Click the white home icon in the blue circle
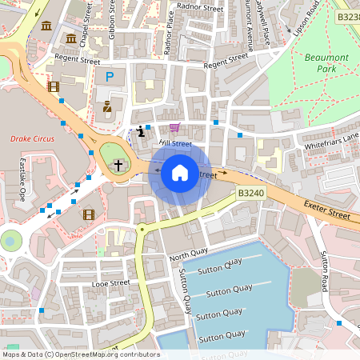tap(180, 172)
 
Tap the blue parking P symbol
tap(110, 77)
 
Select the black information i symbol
tap(142, 130)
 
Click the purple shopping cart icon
tap(174, 128)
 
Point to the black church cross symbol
tap(118, 165)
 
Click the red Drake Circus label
tap(31, 138)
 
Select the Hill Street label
tap(175, 144)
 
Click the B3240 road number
tap(251, 193)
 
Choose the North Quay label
tap(187, 258)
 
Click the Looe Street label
tap(110, 283)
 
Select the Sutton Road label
tap(326, 272)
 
